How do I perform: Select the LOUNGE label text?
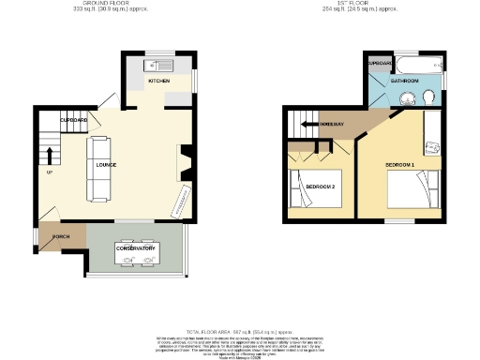pyautogui.click(x=105, y=168)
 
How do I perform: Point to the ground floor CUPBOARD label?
pyautogui.click(x=73, y=122)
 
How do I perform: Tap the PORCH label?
pyautogui.click(x=61, y=236)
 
